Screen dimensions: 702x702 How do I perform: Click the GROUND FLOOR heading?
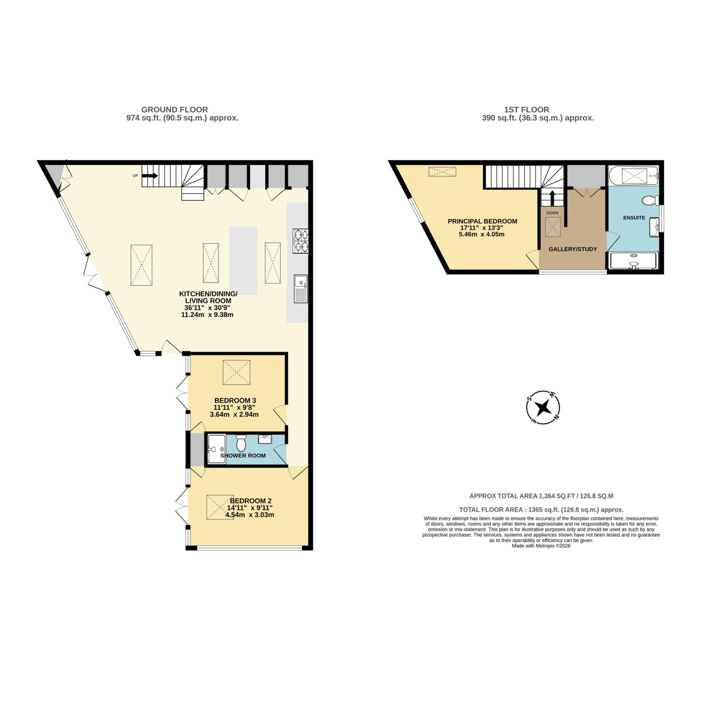coord(174,109)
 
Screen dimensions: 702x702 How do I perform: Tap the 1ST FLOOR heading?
coord(526,109)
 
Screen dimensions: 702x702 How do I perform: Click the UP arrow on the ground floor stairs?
coord(150,176)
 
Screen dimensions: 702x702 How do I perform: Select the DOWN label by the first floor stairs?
coord(552,213)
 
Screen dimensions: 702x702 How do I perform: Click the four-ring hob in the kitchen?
coord(301,241)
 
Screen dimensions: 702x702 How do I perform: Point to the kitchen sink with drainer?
coord(301,289)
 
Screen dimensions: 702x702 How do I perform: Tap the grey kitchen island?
coord(243,261)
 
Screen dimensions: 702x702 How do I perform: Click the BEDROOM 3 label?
coord(235,400)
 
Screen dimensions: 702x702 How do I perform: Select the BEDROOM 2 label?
coord(250,501)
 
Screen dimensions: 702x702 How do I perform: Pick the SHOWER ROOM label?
coord(243,456)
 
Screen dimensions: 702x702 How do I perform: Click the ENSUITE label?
coord(634,218)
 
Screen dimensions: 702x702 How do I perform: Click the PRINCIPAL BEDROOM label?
coord(482,221)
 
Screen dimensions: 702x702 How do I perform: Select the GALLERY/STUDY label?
coord(573,249)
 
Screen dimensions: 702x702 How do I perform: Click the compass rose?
coord(543,407)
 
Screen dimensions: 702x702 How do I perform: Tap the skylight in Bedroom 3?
coord(237,372)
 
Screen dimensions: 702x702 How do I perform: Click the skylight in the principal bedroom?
coord(442,171)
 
